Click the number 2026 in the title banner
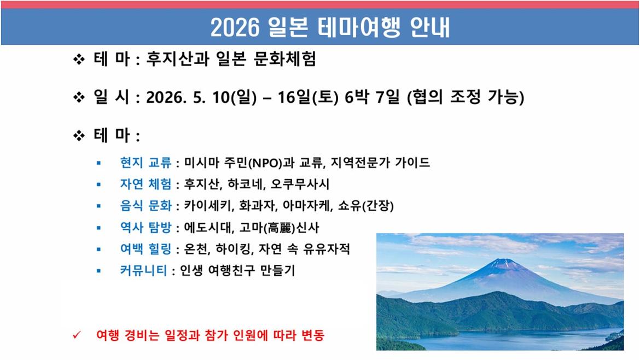[235, 28]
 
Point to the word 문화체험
[284, 59]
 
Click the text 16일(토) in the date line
[308, 97]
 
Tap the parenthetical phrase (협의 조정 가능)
[466, 97]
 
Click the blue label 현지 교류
[146, 162]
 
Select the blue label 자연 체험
[146, 184]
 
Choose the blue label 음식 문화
[146, 205]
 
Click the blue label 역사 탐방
[146, 227]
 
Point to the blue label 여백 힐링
[146, 248]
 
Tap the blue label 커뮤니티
[143, 270]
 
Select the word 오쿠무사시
[300, 184]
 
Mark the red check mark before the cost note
[77, 335]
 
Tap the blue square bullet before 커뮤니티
[98, 271]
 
